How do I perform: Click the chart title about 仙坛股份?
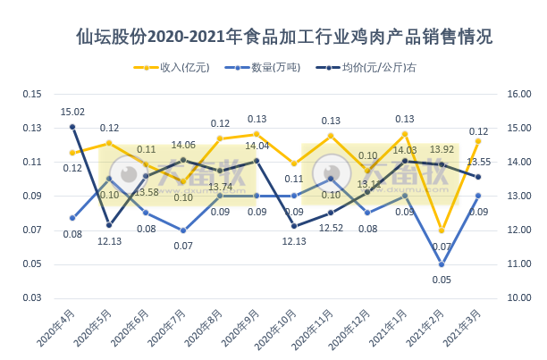click(284, 38)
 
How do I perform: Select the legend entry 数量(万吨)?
click(264, 68)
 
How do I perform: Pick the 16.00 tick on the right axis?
click(519, 94)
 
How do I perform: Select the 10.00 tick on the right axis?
click(519, 297)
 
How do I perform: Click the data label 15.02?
click(72, 112)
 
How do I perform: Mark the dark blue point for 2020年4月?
click(72, 127)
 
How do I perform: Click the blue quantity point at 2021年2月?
click(442, 264)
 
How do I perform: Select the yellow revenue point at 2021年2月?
click(442, 230)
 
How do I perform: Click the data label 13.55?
click(478, 162)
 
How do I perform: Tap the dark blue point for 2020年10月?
click(294, 225)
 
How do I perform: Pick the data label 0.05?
click(442, 280)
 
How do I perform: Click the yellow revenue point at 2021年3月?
click(478, 141)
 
